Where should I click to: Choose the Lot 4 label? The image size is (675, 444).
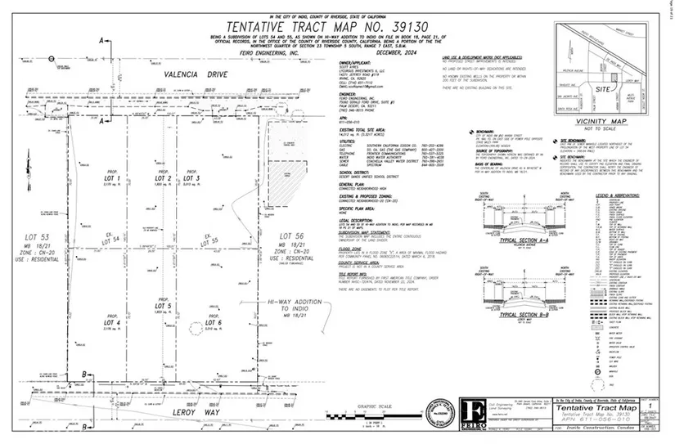114,323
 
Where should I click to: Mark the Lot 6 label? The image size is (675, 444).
214,323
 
